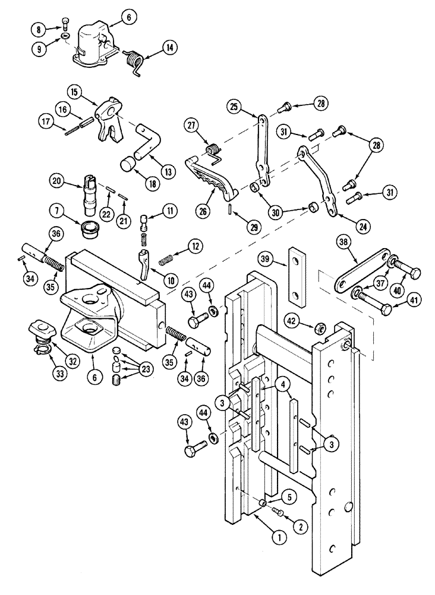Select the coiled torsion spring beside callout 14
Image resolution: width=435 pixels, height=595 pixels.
click(135, 60)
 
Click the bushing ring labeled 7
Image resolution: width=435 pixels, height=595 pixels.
click(89, 228)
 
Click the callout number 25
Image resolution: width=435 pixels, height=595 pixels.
click(234, 107)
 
